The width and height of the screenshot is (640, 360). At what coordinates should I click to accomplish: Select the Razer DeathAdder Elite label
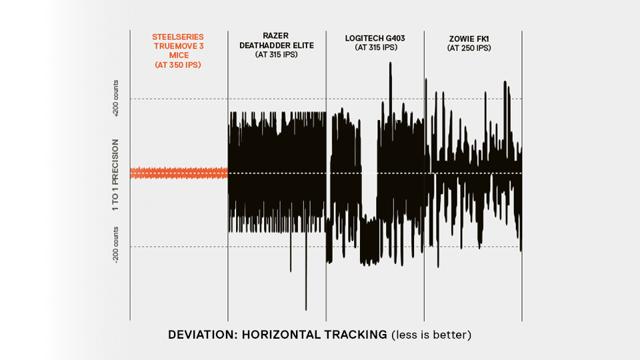pyautogui.click(x=276, y=40)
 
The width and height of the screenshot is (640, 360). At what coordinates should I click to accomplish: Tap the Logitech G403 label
pyautogui.click(x=375, y=39)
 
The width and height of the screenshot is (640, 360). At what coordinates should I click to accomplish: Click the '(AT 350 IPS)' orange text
pyautogui.click(x=178, y=65)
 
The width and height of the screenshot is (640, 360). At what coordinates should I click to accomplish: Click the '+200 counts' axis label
pyautogui.click(x=116, y=99)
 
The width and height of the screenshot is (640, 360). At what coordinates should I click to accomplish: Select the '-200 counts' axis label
pyautogui.click(x=116, y=246)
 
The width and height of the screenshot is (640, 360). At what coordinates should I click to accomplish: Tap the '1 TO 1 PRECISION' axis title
pyautogui.click(x=116, y=175)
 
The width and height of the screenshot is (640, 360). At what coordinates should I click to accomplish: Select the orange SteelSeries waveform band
pyautogui.click(x=178, y=173)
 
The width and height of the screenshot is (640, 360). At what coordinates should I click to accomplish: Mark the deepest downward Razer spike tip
pyautogui.click(x=306, y=310)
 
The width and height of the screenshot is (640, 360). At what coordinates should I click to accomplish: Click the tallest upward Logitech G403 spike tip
pyautogui.click(x=389, y=63)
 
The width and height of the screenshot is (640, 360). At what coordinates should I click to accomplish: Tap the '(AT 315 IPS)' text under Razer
pyautogui.click(x=276, y=55)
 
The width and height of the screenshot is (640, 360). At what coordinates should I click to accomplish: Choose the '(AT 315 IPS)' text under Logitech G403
pyautogui.click(x=375, y=48)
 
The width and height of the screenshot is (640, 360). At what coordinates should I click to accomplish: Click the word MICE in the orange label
pyautogui.click(x=178, y=56)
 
